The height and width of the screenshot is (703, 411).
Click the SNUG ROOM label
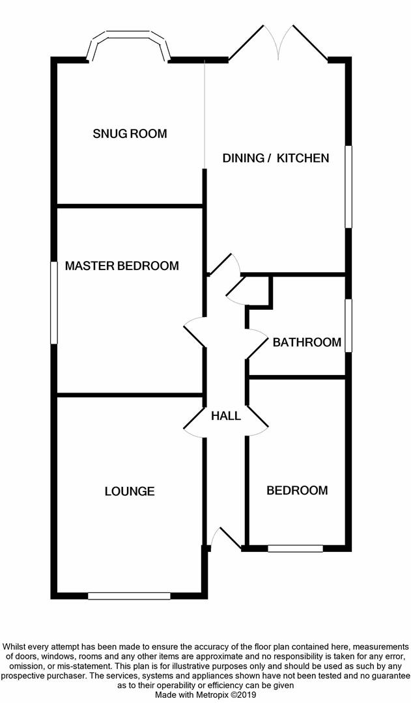pos(130,134)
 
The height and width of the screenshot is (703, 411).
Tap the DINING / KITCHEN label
pos(276,158)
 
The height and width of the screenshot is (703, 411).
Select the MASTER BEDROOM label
pos(122,266)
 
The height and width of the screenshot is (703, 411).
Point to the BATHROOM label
pos(307,342)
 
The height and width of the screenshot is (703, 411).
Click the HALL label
pos(226,416)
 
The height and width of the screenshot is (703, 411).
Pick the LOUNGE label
pos(130,491)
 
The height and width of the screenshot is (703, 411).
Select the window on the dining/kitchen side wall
pos(349,187)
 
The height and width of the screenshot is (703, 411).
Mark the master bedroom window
pos(53,303)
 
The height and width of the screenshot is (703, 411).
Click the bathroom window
pos(349,325)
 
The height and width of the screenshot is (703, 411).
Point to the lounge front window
pos(129,596)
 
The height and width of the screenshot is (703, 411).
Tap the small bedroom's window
pos(295,549)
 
